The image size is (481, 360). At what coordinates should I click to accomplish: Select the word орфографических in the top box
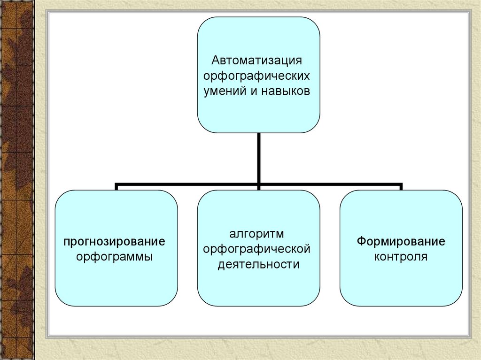click(x=257, y=76)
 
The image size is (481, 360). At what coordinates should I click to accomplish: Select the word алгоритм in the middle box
click(x=257, y=234)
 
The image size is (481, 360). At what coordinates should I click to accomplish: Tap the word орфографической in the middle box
click(x=257, y=249)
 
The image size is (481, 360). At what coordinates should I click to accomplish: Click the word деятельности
click(x=258, y=265)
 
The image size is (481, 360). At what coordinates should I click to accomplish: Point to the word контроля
click(x=401, y=257)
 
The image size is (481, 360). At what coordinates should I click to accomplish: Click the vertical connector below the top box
click(x=259, y=157)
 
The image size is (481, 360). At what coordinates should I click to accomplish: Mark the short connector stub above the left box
click(x=116, y=187)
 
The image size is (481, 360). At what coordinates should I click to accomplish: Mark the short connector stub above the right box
click(x=401, y=187)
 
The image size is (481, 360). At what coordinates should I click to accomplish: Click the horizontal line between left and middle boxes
click(x=188, y=184)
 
